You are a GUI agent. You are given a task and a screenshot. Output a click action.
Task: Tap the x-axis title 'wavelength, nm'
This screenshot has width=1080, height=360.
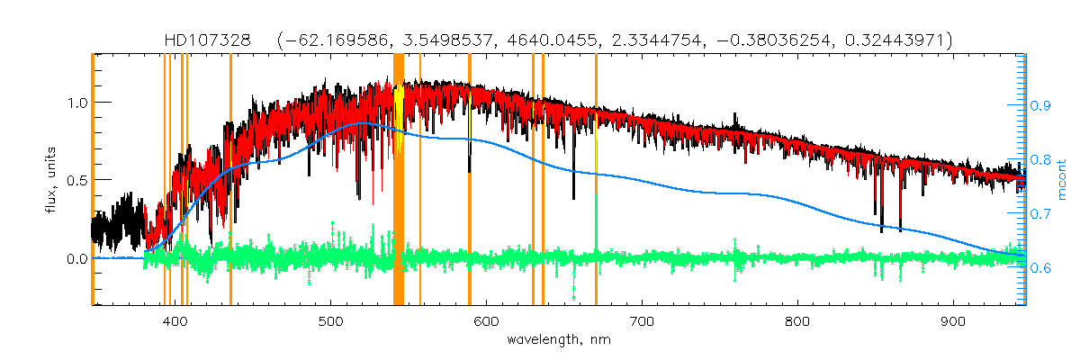558,341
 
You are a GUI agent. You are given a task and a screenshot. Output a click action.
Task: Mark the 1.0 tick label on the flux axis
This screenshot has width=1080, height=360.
76,103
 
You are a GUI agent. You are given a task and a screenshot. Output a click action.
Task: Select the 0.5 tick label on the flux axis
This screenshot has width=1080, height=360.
76,181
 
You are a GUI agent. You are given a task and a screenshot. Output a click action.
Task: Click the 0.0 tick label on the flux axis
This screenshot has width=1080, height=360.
76,259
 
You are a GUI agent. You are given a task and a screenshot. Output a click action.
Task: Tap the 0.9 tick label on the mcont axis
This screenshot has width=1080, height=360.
1041,106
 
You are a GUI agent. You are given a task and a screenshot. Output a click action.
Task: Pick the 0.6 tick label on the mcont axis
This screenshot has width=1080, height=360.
1041,268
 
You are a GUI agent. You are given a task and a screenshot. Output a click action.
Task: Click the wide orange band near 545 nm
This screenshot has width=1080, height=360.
399,180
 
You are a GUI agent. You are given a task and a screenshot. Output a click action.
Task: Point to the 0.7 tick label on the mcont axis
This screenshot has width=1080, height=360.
1041,214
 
